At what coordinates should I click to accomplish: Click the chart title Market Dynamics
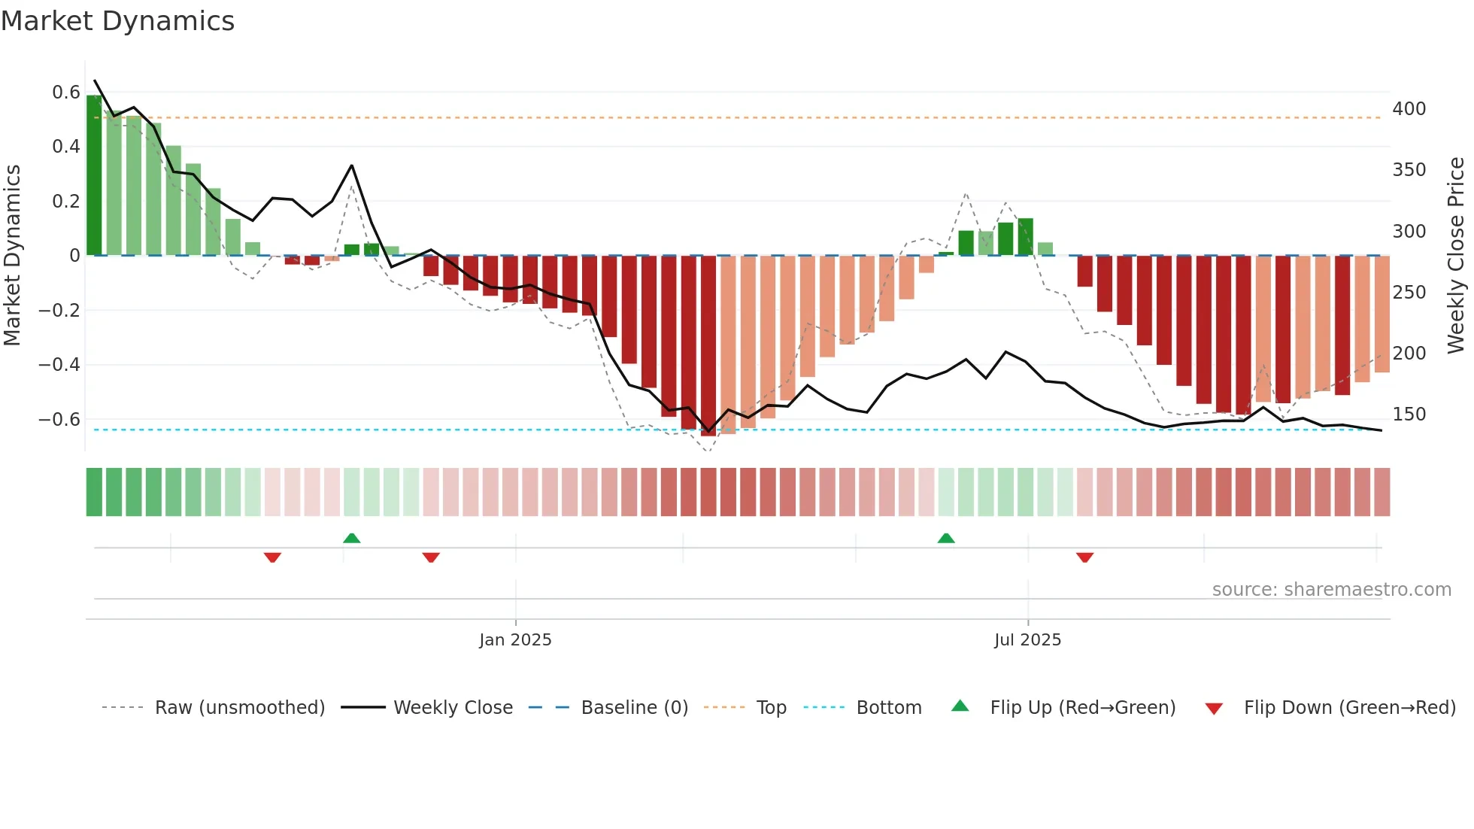click(117, 21)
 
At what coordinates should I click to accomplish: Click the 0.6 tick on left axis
click(66, 93)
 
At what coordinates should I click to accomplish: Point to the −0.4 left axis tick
click(59, 365)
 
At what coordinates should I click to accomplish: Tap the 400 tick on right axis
click(1409, 109)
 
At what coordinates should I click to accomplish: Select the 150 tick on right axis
click(1409, 414)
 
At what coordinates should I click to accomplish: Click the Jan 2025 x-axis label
click(515, 640)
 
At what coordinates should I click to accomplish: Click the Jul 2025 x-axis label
click(1027, 640)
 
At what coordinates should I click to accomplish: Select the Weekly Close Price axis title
click(1456, 256)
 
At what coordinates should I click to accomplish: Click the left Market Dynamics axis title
click(13, 256)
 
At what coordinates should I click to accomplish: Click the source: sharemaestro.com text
click(1331, 590)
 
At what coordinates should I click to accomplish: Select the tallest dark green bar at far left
click(94, 175)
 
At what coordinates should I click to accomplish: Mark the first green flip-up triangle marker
click(351, 538)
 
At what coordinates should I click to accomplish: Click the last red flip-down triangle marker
click(1084, 557)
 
